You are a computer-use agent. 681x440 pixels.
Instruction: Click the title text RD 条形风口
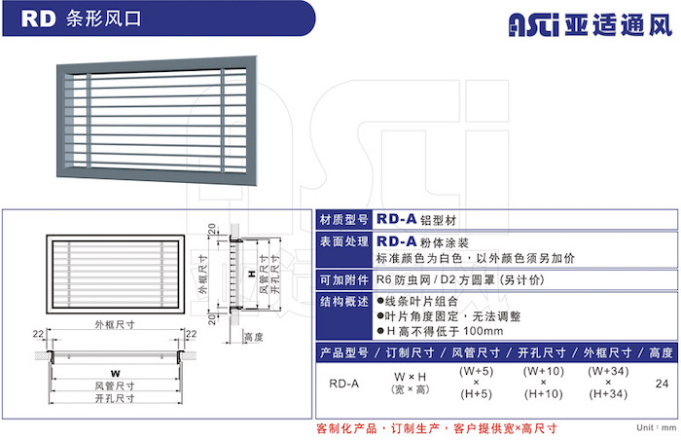point(81,18)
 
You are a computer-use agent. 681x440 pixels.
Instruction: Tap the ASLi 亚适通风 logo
point(591,24)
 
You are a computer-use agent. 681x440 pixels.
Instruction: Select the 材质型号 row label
point(344,220)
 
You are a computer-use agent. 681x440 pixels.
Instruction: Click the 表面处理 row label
point(344,241)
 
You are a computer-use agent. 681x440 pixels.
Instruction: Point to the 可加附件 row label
point(344,280)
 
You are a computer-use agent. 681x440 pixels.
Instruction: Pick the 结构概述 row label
point(344,302)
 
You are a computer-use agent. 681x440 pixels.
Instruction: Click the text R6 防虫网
point(403,280)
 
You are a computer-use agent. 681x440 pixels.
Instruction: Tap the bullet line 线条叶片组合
point(417,302)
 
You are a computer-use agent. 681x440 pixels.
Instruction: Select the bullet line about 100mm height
point(440,331)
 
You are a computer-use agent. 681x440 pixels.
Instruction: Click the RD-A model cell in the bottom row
point(344,384)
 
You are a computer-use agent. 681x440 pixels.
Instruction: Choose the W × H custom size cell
point(410,383)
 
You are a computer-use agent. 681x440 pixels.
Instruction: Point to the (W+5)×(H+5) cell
point(477,383)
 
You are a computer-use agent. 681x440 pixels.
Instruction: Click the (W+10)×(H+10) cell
point(543,383)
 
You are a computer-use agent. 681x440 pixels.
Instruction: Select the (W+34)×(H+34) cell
point(608,383)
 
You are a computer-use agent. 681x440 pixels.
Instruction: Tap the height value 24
point(662,384)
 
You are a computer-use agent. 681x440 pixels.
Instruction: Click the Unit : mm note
point(657,427)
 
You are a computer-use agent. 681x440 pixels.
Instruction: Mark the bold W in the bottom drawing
point(115,374)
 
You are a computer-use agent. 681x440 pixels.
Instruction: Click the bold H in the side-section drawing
point(252,274)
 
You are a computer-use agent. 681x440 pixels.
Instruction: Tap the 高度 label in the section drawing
point(254,338)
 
